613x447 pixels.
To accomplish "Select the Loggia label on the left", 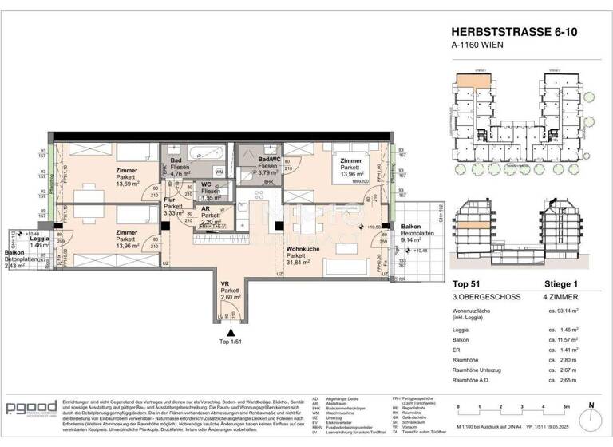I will click(40, 238).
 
